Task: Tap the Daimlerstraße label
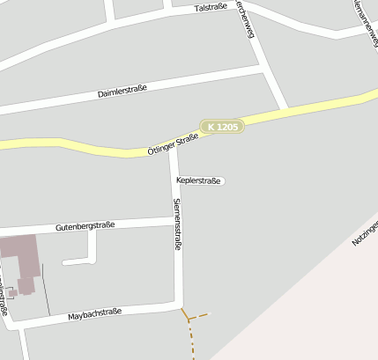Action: point(122,90)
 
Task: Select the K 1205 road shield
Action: point(221,127)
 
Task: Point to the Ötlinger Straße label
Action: point(174,143)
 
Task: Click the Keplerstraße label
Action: point(198,180)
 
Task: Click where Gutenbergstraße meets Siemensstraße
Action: point(176,220)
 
